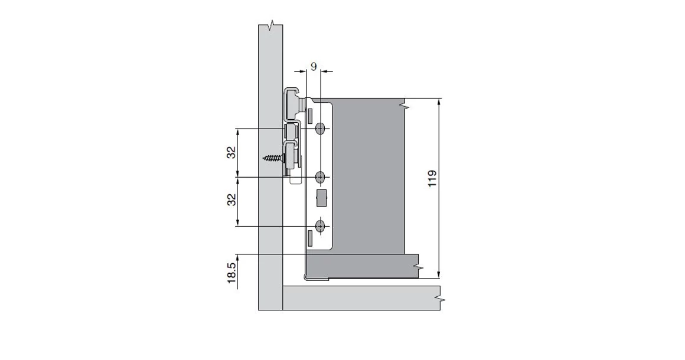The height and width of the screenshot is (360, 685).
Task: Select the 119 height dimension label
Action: (432, 179)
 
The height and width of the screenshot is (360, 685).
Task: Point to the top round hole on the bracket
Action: (321, 129)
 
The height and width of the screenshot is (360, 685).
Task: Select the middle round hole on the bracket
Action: (321, 177)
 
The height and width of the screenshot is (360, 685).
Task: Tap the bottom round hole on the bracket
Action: (321, 226)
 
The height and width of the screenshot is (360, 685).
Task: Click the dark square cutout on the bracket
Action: (321, 198)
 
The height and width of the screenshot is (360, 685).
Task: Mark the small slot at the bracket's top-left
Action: (309, 113)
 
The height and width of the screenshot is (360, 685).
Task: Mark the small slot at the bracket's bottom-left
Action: (309, 237)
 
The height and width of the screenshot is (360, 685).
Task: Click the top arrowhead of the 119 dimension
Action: (439, 102)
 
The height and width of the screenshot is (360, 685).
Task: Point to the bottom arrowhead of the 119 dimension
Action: (439, 273)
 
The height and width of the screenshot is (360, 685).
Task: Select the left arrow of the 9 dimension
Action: (302, 72)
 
